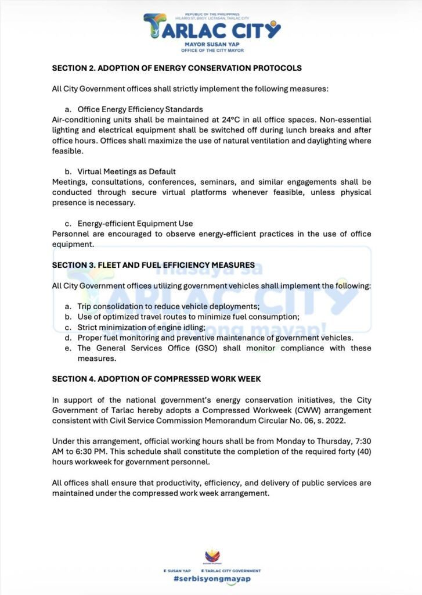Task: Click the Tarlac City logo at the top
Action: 211,27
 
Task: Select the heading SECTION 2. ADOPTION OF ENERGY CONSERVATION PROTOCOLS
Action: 176,68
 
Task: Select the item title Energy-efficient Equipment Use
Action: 135,223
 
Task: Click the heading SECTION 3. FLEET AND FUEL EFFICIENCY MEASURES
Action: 153,265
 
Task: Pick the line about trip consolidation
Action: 168,306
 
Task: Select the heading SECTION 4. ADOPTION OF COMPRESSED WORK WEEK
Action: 156,379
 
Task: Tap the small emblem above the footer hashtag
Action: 211,557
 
